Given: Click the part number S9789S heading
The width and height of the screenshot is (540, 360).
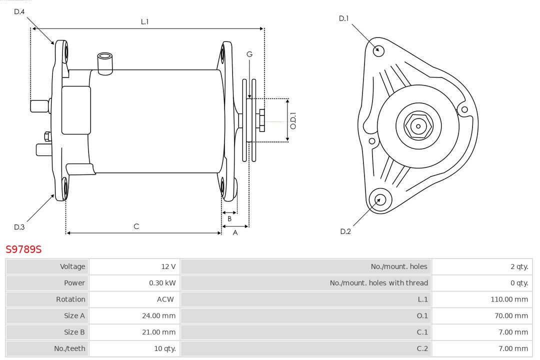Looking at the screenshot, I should [23, 248].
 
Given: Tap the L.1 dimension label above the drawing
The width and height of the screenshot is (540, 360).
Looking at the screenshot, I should [144, 21].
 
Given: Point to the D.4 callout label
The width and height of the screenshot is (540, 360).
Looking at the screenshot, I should [19, 11].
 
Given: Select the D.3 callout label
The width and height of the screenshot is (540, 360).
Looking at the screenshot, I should [19, 227].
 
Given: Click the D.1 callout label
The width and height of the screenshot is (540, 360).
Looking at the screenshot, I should [344, 18].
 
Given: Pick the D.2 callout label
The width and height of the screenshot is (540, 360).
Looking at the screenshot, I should [345, 231].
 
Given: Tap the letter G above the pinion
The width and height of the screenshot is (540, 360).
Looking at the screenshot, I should [249, 54].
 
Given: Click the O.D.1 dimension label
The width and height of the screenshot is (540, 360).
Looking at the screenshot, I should [293, 120].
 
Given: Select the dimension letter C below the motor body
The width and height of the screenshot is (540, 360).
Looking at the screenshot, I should [136, 226].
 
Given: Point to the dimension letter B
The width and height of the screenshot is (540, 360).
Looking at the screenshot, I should [229, 218].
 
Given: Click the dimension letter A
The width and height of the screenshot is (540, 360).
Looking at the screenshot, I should [235, 232].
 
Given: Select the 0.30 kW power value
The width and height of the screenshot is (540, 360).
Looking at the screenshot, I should [162, 283].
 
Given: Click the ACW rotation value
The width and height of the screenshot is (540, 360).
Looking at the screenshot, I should [165, 299].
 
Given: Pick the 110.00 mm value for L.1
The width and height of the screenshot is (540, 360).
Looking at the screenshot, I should [509, 299].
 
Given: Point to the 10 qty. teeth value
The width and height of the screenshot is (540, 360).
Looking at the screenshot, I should [164, 348].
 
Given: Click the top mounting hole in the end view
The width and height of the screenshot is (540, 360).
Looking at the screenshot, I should [379, 50].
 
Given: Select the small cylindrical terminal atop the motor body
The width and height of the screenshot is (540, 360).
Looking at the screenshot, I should [105, 62].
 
